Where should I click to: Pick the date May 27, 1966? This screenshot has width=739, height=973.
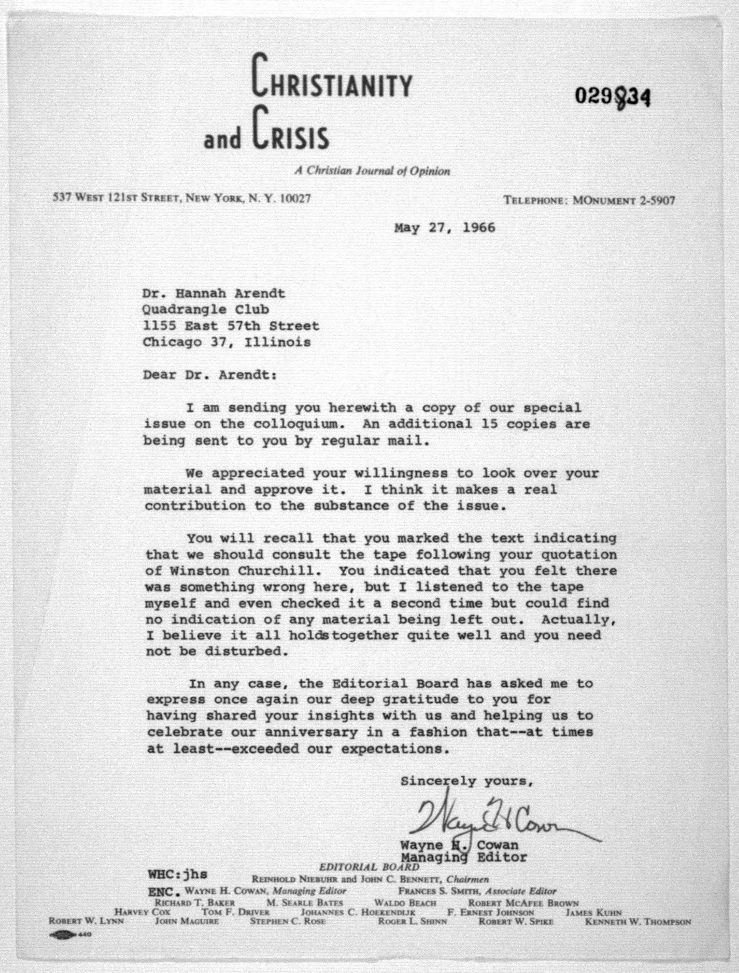click(x=444, y=228)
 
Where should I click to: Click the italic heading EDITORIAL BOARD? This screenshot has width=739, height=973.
click(x=369, y=867)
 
